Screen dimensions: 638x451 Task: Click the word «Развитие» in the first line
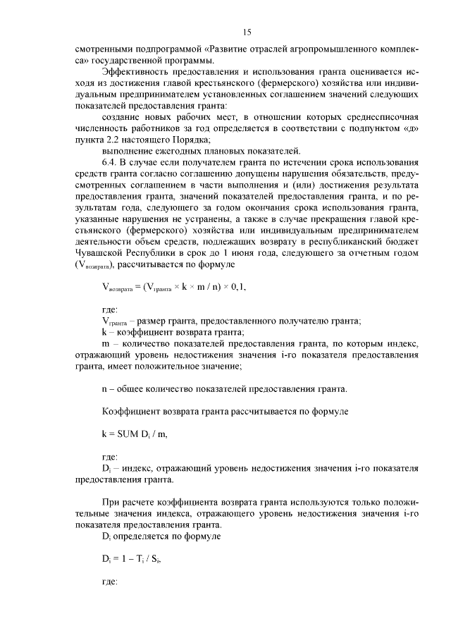tap(229, 51)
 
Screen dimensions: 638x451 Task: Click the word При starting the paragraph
tap(111, 501)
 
